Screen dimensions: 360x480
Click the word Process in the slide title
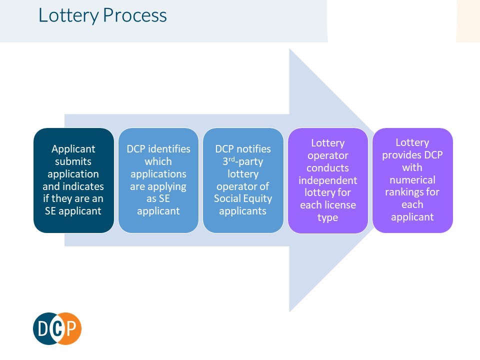pos(134,15)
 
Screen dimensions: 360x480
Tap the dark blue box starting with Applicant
pos(73,180)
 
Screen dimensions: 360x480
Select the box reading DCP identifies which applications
pos(158,180)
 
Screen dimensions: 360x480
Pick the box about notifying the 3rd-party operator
pos(243,180)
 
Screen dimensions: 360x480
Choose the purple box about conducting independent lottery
pos(328,180)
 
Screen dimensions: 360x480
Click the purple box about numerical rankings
pos(412,180)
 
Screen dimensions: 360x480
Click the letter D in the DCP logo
pos(43,329)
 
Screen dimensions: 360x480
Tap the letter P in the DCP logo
pos(72,329)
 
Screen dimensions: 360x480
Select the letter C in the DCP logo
pos(57,329)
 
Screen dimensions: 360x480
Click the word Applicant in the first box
pos(73,149)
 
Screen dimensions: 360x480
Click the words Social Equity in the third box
pos(243,198)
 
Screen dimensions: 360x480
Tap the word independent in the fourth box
pos(328,180)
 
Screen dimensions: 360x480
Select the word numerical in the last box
pos(412,179)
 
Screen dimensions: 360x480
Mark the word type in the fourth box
pos(328,217)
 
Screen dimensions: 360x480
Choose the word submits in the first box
pos(73,161)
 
